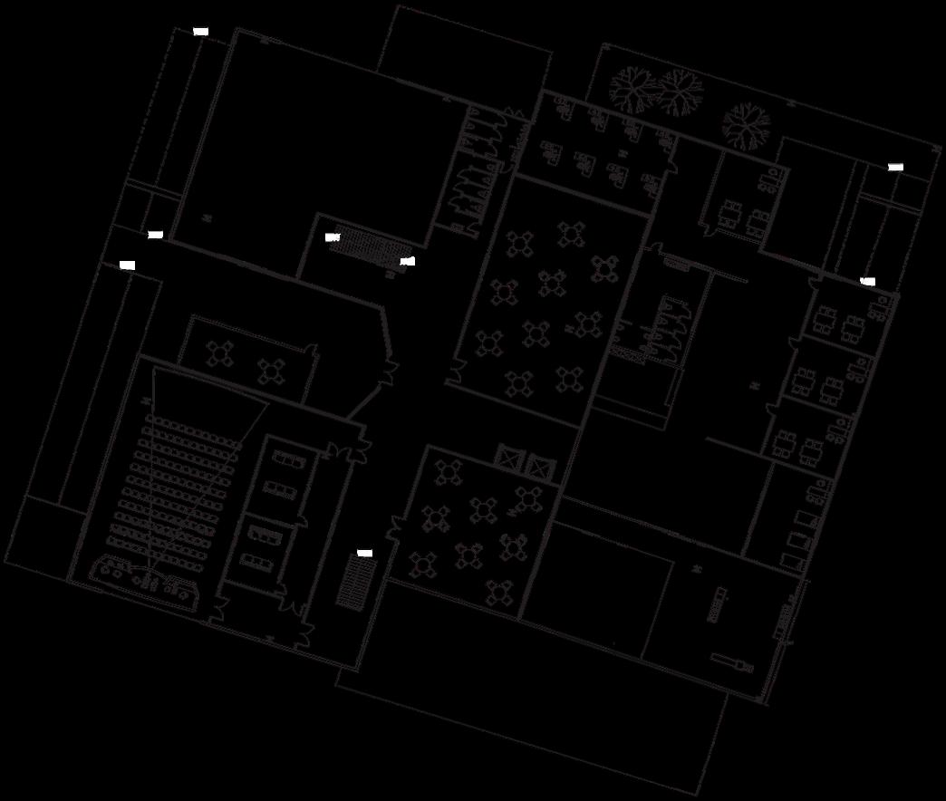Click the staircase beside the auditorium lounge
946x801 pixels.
pyautogui.click(x=355, y=582)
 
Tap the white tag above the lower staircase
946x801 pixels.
pyautogui.click(x=364, y=553)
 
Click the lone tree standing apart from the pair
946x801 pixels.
pyautogui.click(x=745, y=124)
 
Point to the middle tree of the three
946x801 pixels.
pyautogui.click(x=680, y=92)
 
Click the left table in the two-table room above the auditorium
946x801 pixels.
pyautogui.click(x=220, y=352)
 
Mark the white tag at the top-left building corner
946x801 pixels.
pyautogui.click(x=201, y=32)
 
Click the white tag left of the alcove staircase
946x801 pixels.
pyautogui.click(x=332, y=237)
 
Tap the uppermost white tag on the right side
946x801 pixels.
pyautogui.click(x=895, y=168)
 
